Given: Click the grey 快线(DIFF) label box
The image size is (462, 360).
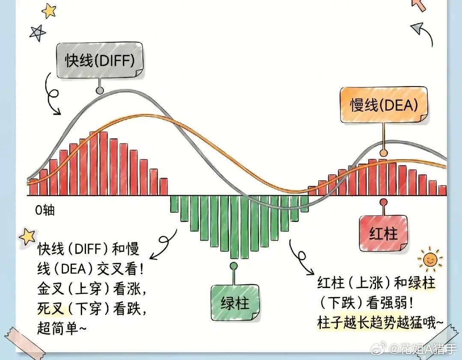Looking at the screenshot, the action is coord(100,61).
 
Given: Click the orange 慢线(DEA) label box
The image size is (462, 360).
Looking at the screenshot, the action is coord(384,105).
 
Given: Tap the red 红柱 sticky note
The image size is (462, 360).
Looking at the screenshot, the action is coord(383,234).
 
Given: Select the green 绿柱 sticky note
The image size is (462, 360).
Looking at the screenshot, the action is coord(235,303).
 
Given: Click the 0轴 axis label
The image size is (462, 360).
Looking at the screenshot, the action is coord(45,210).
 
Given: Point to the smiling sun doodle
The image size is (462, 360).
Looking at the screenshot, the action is coord(430,259).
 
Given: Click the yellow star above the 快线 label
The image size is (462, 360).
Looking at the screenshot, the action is coord(49,11).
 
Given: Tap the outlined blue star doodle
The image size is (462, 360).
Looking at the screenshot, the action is coord(37,33).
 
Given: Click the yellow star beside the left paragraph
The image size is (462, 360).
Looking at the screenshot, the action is coord(27,236).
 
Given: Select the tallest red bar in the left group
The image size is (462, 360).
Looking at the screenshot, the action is coord(103,164).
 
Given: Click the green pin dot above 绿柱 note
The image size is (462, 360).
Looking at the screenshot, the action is coord(234,266).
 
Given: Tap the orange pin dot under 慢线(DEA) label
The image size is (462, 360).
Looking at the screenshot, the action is coord(383,153).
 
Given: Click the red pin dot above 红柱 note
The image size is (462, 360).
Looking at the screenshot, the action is coord(383,202).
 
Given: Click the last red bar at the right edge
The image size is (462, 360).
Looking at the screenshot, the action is coord(443,190).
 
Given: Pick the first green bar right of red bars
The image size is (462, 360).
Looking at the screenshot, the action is coord(174,204).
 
